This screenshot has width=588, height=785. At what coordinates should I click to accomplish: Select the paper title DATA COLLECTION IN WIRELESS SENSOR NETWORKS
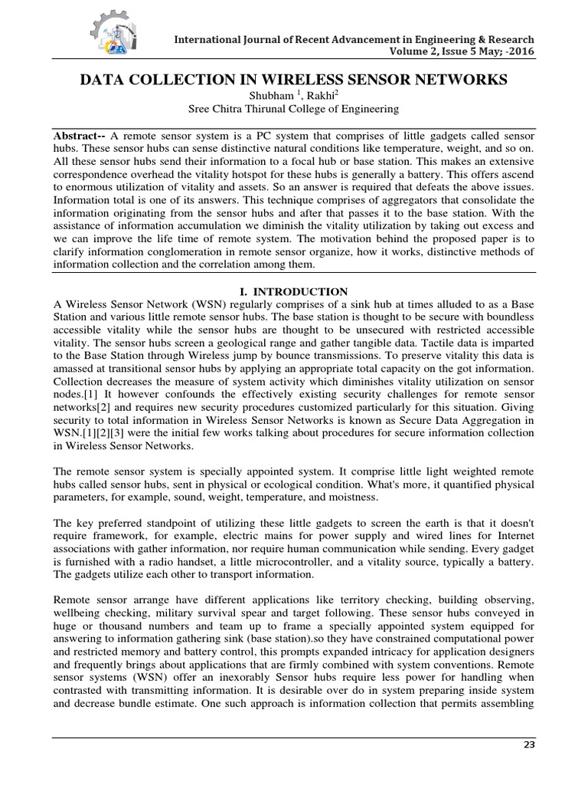[293, 79]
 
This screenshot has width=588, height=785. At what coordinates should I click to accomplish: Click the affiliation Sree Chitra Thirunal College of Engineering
[293, 109]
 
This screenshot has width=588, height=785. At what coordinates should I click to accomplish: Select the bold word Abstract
[77, 132]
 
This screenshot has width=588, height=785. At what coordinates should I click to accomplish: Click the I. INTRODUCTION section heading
[294, 291]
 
